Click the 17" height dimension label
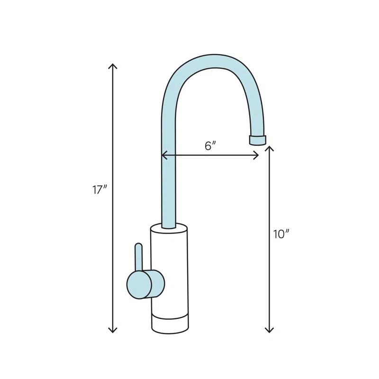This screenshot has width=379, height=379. click(100, 190)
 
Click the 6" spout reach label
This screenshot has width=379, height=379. click(210, 146)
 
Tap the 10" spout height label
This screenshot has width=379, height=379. click(281, 234)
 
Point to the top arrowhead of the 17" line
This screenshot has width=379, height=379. click(113, 65)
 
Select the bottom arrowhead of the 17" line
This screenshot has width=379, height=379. click(113, 330)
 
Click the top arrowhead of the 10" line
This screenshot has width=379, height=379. click(270, 148)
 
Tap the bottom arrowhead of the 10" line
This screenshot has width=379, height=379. click(270, 330)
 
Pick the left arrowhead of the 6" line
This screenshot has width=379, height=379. click(163, 155)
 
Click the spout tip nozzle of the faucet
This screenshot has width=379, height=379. click(257, 139)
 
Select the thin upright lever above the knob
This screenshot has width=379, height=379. click(138, 256)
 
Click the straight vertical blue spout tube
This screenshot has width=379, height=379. click(169, 180)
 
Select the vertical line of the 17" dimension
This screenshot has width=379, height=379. click(113, 142)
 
